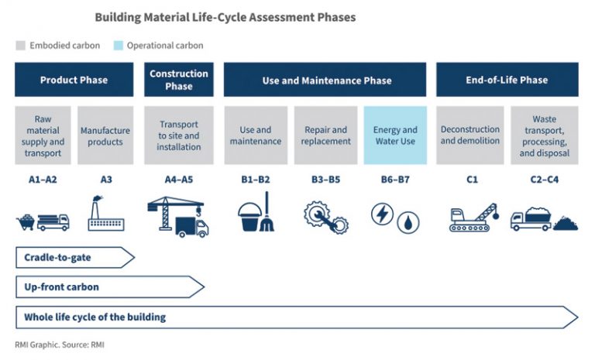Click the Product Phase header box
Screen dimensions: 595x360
click(74, 80)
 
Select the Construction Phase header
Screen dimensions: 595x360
click(179, 80)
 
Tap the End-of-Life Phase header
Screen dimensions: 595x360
click(507, 80)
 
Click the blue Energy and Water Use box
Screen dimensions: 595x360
click(395, 135)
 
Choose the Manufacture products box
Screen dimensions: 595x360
click(105, 135)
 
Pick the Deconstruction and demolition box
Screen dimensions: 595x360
click(470, 135)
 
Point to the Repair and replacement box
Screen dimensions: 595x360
click(325, 135)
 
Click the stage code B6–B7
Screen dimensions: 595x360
click(395, 180)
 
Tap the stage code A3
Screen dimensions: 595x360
click(106, 180)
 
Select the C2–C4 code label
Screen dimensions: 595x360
click(545, 180)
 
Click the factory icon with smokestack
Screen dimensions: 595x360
click(106, 214)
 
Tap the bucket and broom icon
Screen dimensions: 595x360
click(256, 211)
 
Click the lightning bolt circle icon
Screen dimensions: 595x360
click(382, 214)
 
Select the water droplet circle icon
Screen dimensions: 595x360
click(408, 222)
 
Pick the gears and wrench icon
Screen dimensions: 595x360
click(326, 217)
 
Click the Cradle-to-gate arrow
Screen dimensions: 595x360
click(75, 258)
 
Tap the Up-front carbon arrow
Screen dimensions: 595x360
click(110, 287)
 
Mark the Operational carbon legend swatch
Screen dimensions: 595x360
click(119, 46)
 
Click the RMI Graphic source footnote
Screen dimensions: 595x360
click(60, 345)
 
